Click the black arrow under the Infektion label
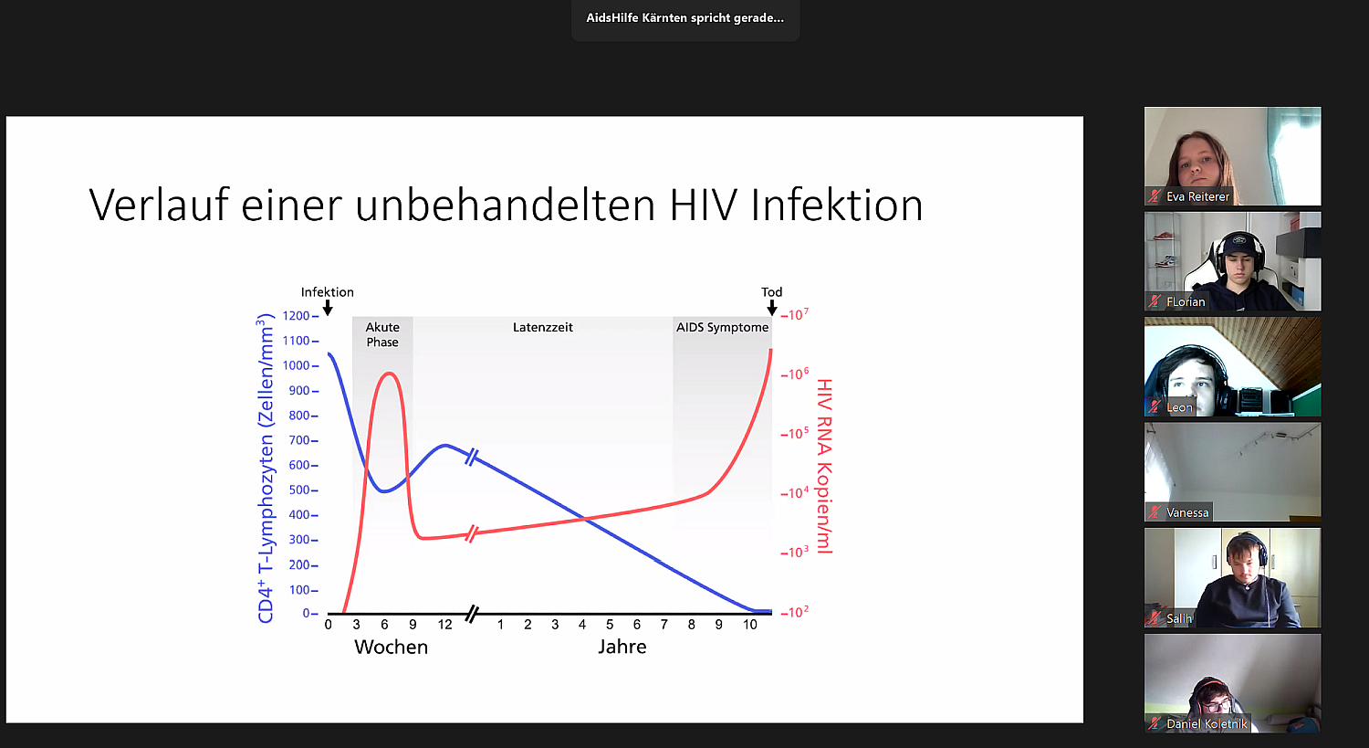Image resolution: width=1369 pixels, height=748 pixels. click(x=328, y=308)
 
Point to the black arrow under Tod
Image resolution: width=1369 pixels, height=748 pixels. click(x=772, y=308)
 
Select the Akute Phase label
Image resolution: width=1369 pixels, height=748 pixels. click(x=382, y=334)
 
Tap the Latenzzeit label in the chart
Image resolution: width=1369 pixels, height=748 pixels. click(x=543, y=327)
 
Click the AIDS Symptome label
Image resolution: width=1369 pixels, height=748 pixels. click(x=723, y=327)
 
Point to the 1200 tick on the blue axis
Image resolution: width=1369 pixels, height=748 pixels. click(x=300, y=316)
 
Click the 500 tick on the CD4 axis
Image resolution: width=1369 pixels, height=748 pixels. click(x=303, y=490)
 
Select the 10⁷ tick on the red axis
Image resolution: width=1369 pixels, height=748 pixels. click(x=795, y=314)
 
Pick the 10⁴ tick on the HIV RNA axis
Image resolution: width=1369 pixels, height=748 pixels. click(x=795, y=492)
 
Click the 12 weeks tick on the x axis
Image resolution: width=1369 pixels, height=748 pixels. click(x=445, y=625)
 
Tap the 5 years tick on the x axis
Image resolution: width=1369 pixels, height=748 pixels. click(x=610, y=625)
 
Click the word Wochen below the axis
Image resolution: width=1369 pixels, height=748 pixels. click(x=392, y=648)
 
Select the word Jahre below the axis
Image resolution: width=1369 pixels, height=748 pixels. click(x=622, y=648)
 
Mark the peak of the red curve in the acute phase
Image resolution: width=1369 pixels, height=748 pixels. click(x=389, y=373)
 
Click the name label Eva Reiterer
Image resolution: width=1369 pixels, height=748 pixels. click(x=1197, y=197)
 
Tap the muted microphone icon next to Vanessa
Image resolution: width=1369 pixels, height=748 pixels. click(x=1155, y=512)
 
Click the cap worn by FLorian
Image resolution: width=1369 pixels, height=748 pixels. click(x=1238, y=244)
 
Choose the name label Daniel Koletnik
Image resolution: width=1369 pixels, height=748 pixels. click(x=1207, y=724)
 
